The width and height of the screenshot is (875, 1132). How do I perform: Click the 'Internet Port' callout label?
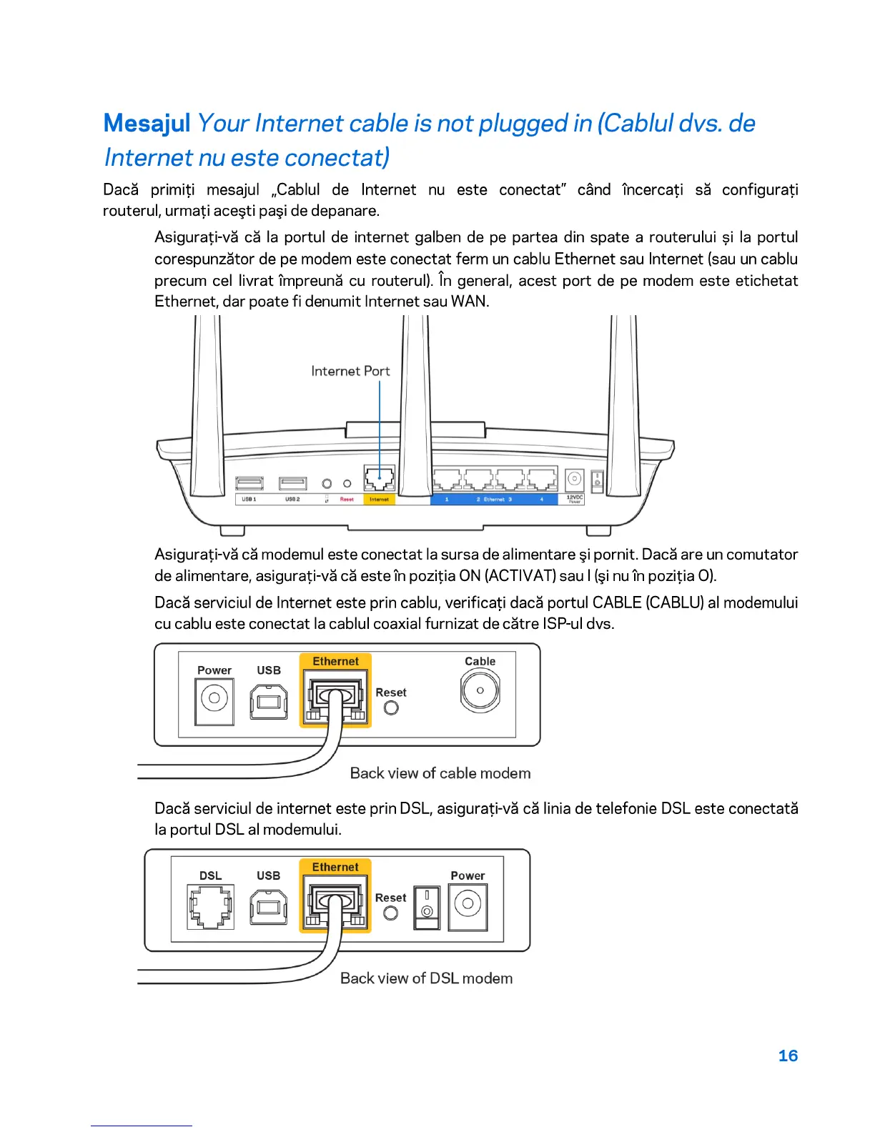tap(350, 371)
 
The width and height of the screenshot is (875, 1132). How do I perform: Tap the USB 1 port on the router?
tap(249, 484)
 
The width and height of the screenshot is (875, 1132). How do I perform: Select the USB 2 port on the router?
tap(292, 484)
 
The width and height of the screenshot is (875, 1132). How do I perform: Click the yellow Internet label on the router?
tap(379, 500)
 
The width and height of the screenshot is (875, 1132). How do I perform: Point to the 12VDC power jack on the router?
tap(574, 480)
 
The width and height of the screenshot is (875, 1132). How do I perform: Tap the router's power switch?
tap(597, 481)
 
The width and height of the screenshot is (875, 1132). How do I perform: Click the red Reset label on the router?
tap(347, 500)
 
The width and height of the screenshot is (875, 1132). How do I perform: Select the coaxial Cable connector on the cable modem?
tap(480, 691)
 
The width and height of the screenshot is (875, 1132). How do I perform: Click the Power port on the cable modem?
tap(214, 698)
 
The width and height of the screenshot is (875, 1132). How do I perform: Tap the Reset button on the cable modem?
tap(391, 707)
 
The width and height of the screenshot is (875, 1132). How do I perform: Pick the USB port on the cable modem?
tap(269, 702)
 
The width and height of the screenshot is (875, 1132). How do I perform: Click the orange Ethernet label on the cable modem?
tap(335, 662)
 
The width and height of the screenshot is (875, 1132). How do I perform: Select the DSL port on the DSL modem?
tap(210, 906)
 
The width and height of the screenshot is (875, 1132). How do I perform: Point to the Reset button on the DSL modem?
tap(390, 913)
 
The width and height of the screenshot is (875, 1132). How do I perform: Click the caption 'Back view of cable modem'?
tap(440, 773)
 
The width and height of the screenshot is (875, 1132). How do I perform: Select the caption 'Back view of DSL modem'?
tap(426, 978)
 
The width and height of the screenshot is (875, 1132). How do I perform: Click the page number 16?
tap(788, 1056)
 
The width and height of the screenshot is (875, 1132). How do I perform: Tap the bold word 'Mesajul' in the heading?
tap(147, 124)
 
